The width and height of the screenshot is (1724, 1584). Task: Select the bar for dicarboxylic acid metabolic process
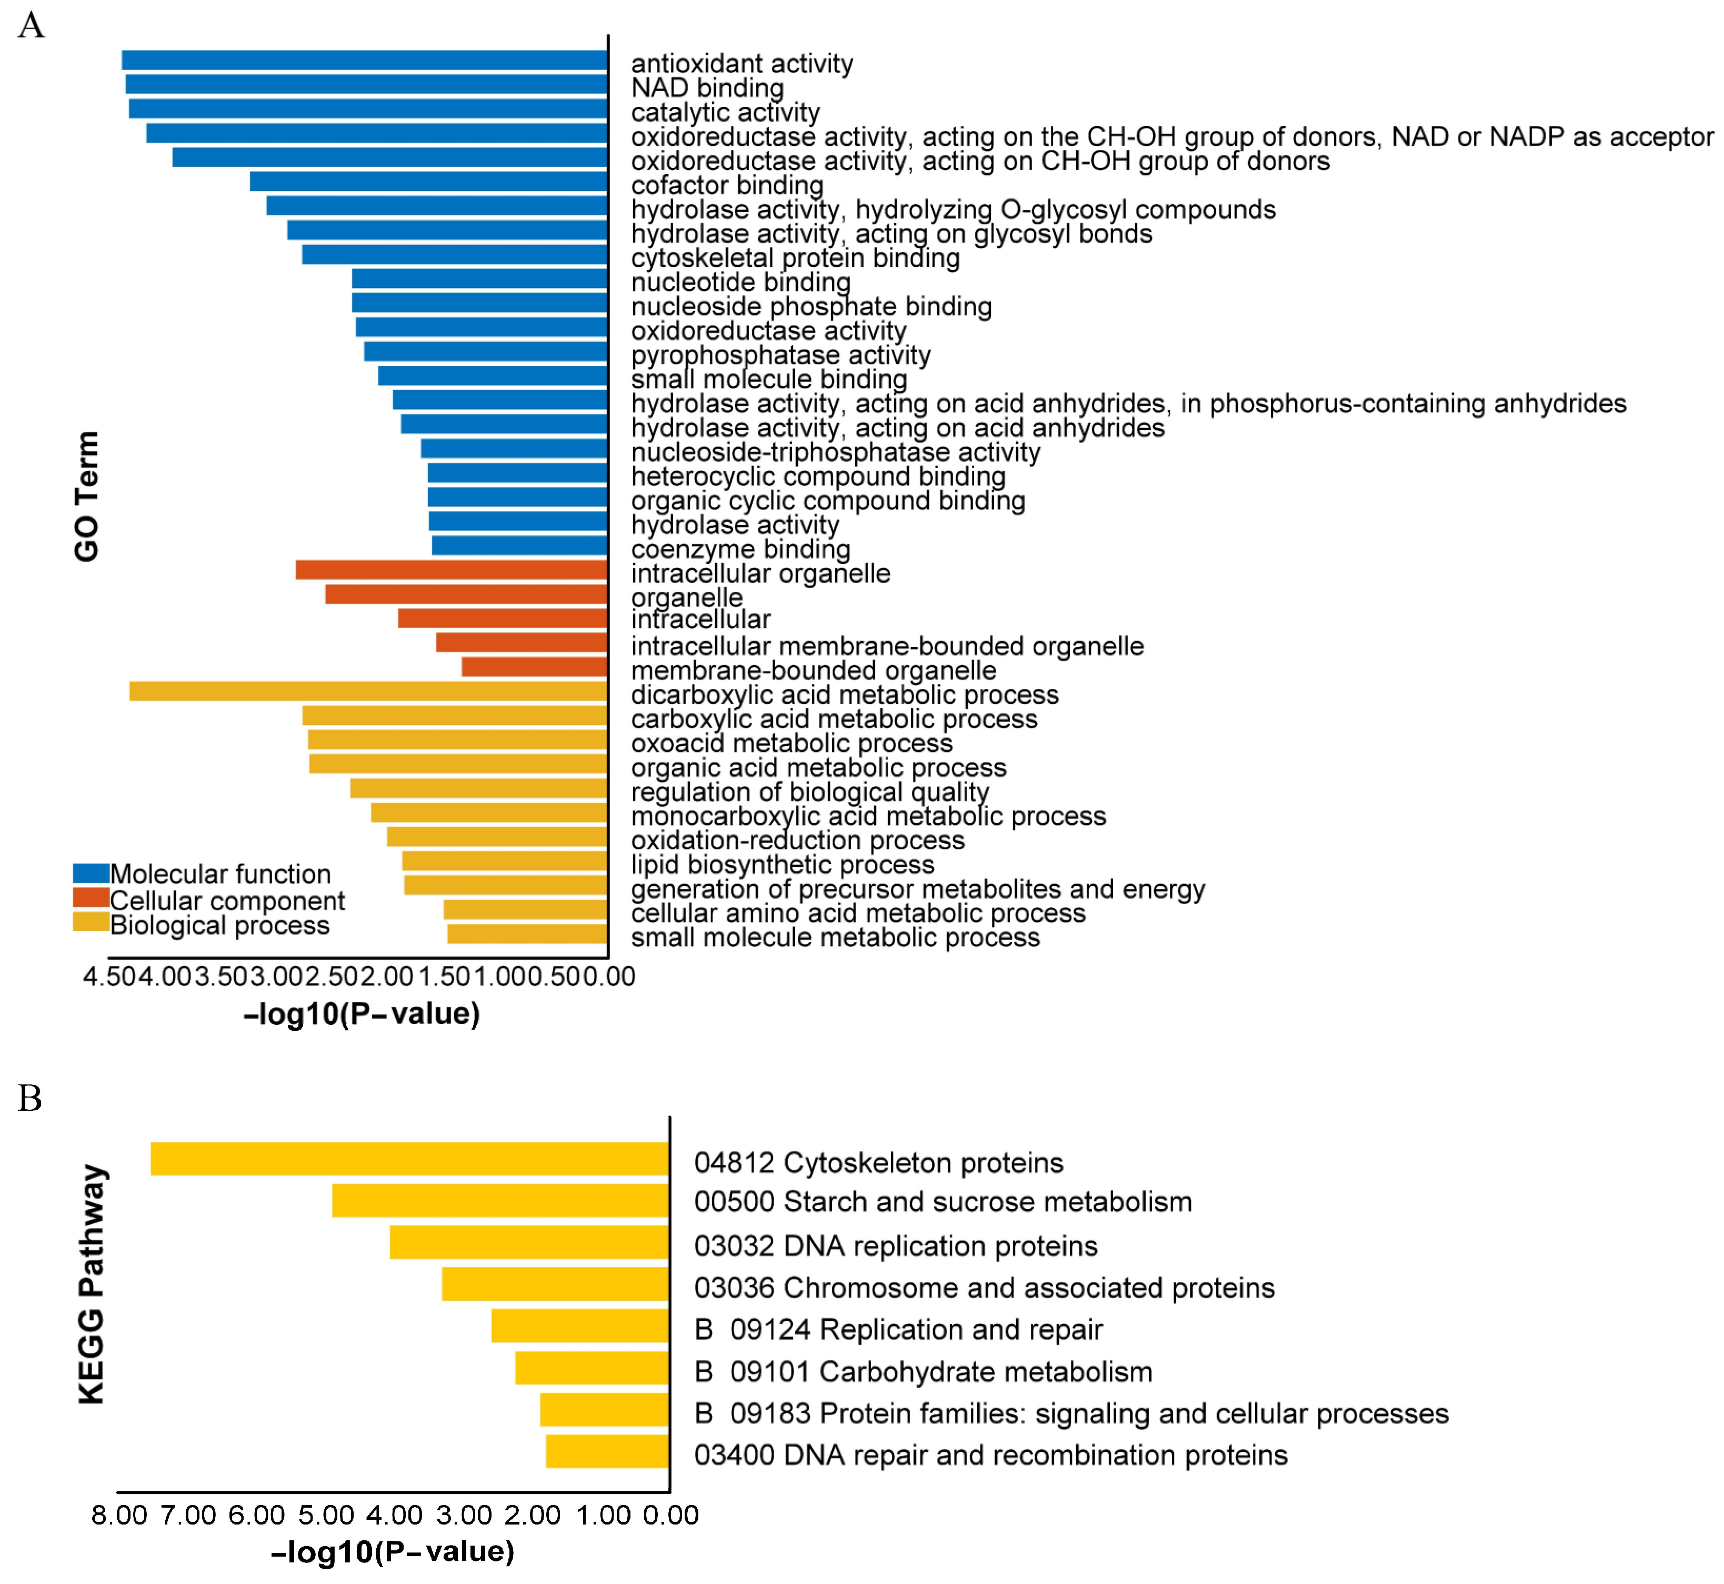click(368, 691)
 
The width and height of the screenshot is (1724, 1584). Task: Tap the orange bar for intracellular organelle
click(452, 569)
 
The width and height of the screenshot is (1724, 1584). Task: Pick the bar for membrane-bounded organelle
click(535, 667)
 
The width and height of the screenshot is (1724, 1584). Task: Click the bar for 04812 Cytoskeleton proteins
click(409, 1159)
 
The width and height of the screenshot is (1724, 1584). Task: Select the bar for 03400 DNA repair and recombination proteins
click(607, 1452)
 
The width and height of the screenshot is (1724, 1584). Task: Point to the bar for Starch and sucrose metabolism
click(500, 1200)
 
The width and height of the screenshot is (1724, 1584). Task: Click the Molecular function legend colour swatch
click(91, 873)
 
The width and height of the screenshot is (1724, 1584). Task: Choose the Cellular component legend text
click(227, 901)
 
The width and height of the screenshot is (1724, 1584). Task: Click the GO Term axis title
click(86, 496)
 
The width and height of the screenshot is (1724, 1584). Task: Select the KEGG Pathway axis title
click(92, 1285)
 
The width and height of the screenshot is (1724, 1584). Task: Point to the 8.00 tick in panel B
click(119, 1516)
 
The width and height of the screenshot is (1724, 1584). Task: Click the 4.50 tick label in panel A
click(109, 977)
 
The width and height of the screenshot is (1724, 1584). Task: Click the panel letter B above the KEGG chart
click(30, 1098)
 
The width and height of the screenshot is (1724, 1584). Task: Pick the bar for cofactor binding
click(428, 182)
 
